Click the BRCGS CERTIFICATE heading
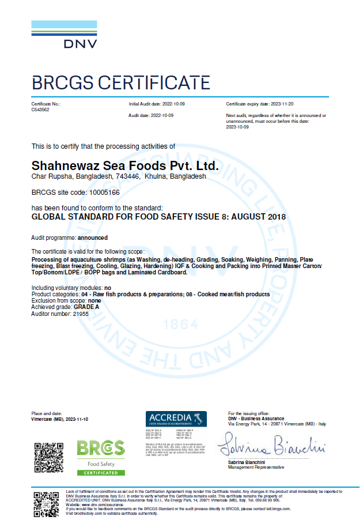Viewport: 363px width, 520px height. point(121,83)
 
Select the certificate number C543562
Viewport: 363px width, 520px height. point(40,109)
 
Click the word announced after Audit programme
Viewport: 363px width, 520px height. point(93,238)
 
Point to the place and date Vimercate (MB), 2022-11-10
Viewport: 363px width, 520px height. point(59,419)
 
